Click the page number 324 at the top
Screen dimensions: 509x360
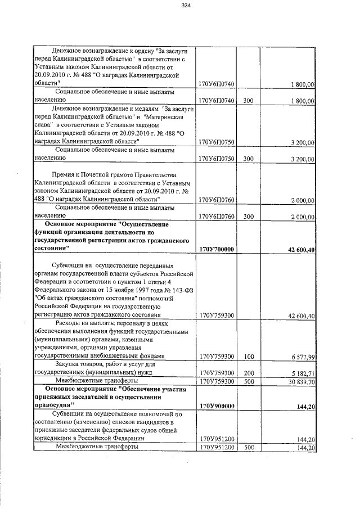tap(187, 6)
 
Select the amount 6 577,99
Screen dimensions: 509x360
tap(301, 356)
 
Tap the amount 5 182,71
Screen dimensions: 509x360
tap(301, 373)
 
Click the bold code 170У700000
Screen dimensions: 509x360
tap(217, 249)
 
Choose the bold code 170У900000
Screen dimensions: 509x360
tap(217, 406)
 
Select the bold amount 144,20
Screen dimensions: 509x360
tap(304, 406)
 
